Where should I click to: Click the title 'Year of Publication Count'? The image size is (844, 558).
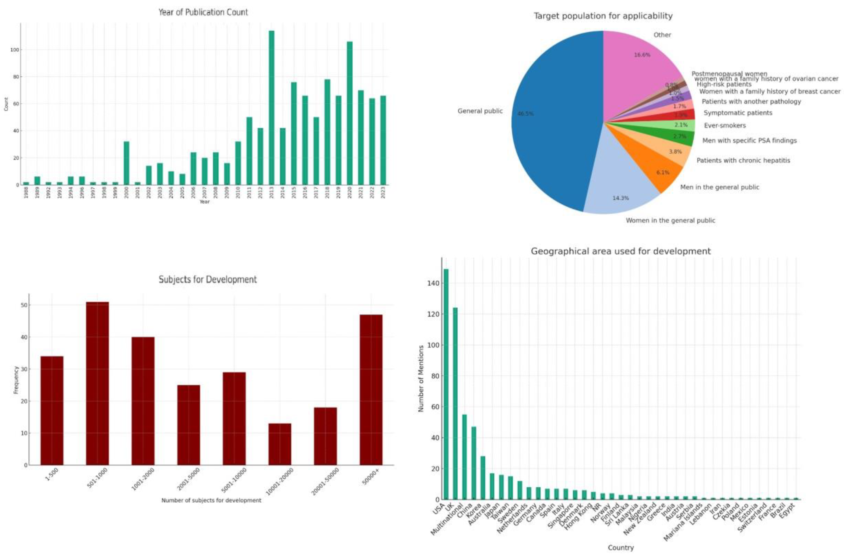coord(203,12)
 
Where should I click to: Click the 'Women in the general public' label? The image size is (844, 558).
coord(670,220)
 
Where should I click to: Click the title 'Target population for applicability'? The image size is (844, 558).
coord(603,16)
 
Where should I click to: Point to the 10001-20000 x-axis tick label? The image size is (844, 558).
coord(280,481)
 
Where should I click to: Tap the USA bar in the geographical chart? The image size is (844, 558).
coord(446,384)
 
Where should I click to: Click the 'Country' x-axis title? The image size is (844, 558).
coord(621,548)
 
